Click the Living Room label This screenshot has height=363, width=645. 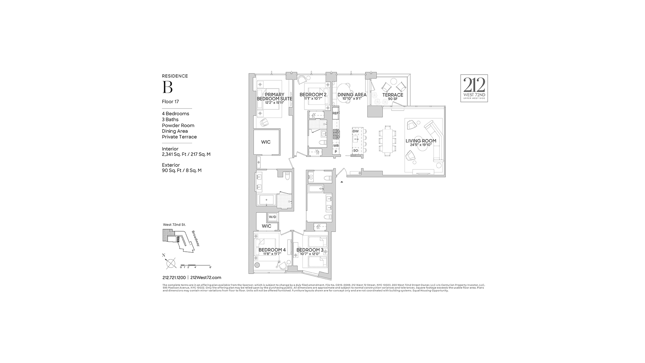point(421,141)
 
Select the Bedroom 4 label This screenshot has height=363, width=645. point(272,250)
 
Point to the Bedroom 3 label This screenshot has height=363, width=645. point(310,250)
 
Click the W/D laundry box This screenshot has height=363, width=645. point(272,217)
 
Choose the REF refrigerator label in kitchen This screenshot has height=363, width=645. point(336,114)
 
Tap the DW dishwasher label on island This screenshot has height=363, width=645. point(355,131)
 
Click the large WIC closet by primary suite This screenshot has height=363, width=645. point(266,142)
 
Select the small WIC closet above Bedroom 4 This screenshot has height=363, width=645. point(266,226)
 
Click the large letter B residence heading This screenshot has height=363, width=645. point(167,87)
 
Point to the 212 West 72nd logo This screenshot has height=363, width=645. point(474,88)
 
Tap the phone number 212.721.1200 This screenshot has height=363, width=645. point(174,278)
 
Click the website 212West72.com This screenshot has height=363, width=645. point(206,278)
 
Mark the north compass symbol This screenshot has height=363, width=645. point(171,263)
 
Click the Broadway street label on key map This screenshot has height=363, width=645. point(196,238)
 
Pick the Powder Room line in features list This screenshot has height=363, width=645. point(178,125)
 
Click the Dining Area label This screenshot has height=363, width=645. point(352,95)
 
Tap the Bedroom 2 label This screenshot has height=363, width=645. point(313,95)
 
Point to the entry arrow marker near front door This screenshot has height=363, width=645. point(342,182)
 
